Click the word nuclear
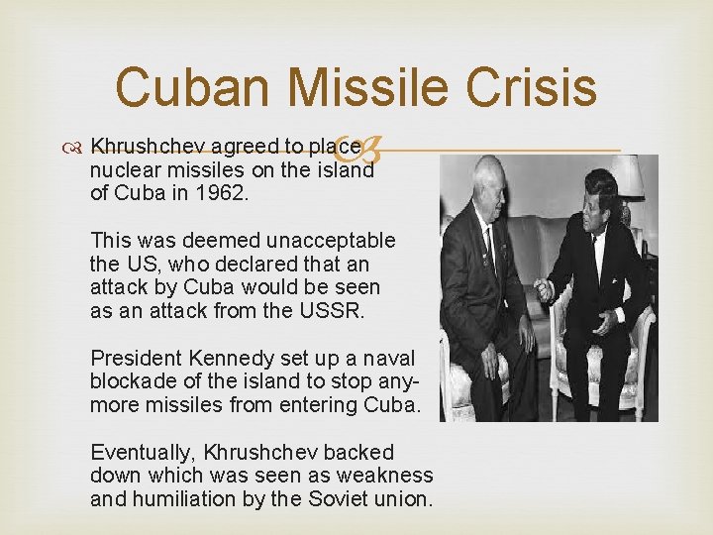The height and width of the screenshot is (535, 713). click(123, 169)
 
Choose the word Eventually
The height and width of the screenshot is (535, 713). click(143, 453)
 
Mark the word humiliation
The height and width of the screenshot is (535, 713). click(186, 499)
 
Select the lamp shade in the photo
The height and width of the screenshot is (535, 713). click(627, 176)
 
